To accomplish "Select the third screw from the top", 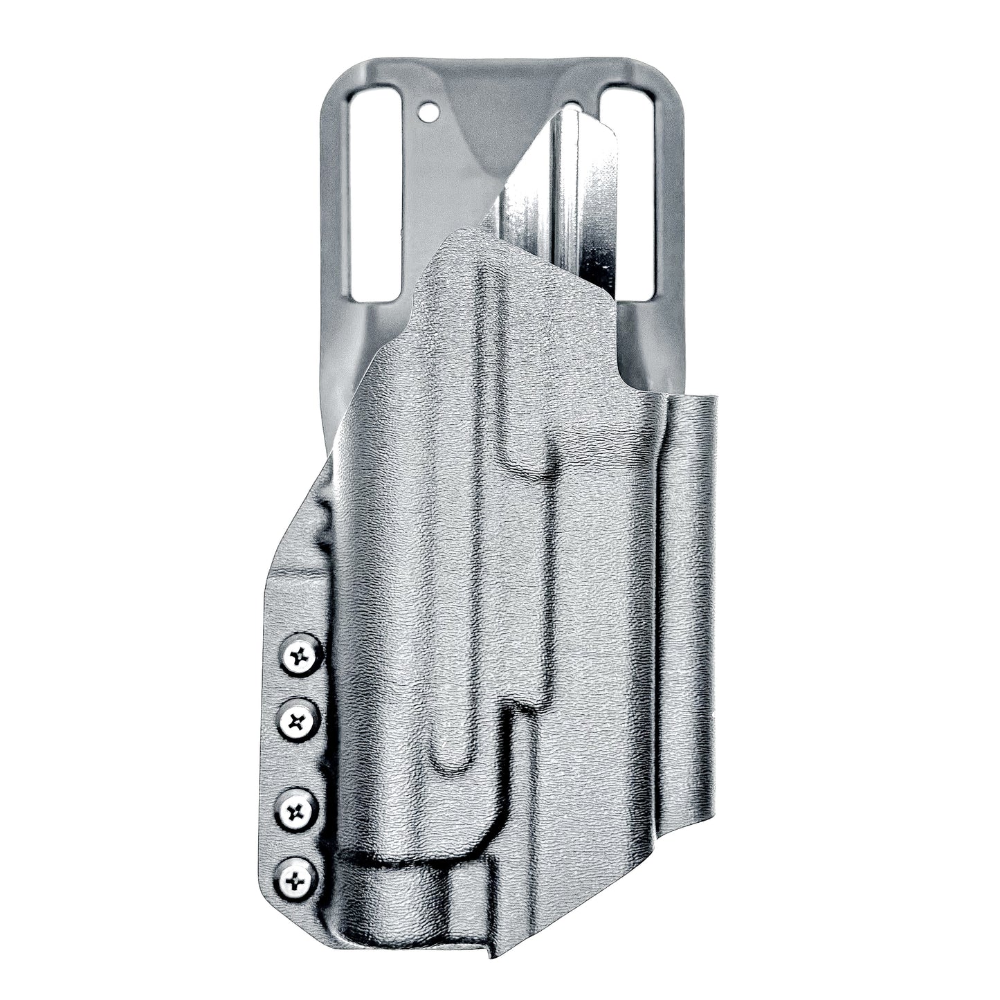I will click(296, 810).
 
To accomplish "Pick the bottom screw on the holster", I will click(296, 880).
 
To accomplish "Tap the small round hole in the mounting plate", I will click(429, 110).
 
